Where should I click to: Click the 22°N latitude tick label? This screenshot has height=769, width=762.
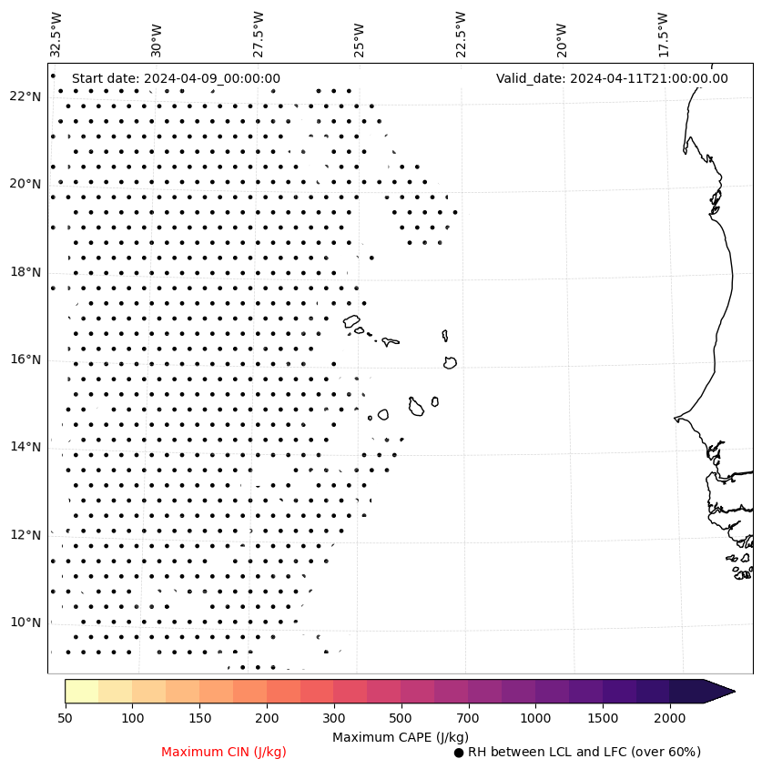pos(26,97)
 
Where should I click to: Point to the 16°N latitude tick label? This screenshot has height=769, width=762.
pos(26,360)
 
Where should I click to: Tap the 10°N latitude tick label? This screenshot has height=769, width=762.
pos(26,623)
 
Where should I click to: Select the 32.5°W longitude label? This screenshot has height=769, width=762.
pos(56,34)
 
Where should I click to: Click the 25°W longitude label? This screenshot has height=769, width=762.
pos(360,34)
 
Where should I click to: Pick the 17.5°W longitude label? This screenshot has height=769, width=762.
pos(663,34)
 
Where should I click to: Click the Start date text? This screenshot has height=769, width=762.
pos(176,78)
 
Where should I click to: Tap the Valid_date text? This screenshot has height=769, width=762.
pos(612,78)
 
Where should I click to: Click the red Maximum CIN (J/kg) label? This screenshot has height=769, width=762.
pos(224,752)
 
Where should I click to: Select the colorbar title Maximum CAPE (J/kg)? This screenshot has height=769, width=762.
pos(401,737)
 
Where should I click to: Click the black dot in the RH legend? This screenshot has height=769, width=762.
pos(459,753)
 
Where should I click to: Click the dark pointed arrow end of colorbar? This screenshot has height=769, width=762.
pos(719,692)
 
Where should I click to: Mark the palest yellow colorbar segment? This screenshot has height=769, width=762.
pos(81,692)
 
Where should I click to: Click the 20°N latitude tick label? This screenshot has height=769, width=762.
pos(26,185)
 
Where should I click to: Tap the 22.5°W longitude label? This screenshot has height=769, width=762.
pos(461,34)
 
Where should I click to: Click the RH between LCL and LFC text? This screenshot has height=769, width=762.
pos(584,752)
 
